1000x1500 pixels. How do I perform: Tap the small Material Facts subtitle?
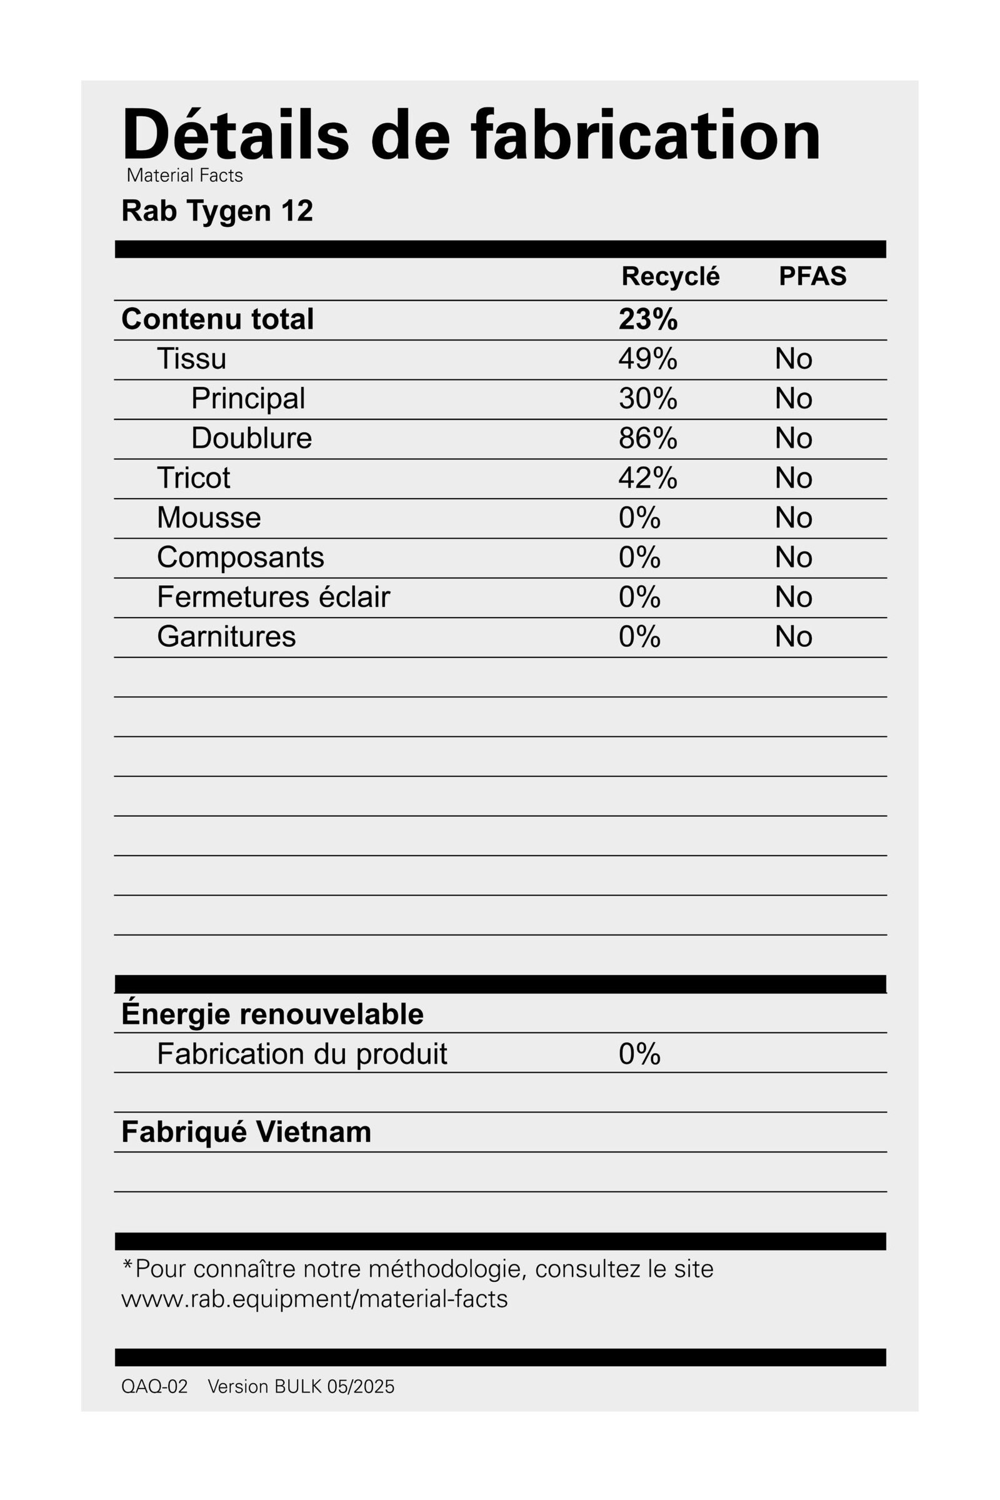[x=184, y=176]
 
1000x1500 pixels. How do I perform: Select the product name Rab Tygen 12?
[x=217, y=211]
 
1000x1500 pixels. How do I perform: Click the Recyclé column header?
[x=670, y=276]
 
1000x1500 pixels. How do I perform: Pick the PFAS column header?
[x=812, y=276]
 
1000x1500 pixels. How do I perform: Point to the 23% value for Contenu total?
[x=648, y=319]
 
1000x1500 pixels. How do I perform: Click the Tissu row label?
[x=191, y=359]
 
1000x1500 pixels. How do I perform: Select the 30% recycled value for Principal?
[x=648, y=399]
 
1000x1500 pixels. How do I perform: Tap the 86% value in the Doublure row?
[x=648, y=438]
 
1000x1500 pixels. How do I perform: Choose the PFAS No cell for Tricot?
[x=793, y=478]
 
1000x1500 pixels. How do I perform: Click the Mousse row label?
[x=209, y=518]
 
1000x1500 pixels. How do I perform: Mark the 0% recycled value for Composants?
[x=639, y=557]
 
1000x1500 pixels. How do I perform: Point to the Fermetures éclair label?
[x=273, y=597]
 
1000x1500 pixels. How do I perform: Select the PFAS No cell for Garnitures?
[x=793, y=636]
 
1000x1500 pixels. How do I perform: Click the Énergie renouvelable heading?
[x=272, y=1013]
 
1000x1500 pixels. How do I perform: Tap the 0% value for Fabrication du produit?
[x=639, y=1054]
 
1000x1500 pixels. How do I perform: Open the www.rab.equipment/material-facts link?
[x=314, y=1299]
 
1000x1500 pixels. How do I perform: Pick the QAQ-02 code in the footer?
[x=154, y=1387]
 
